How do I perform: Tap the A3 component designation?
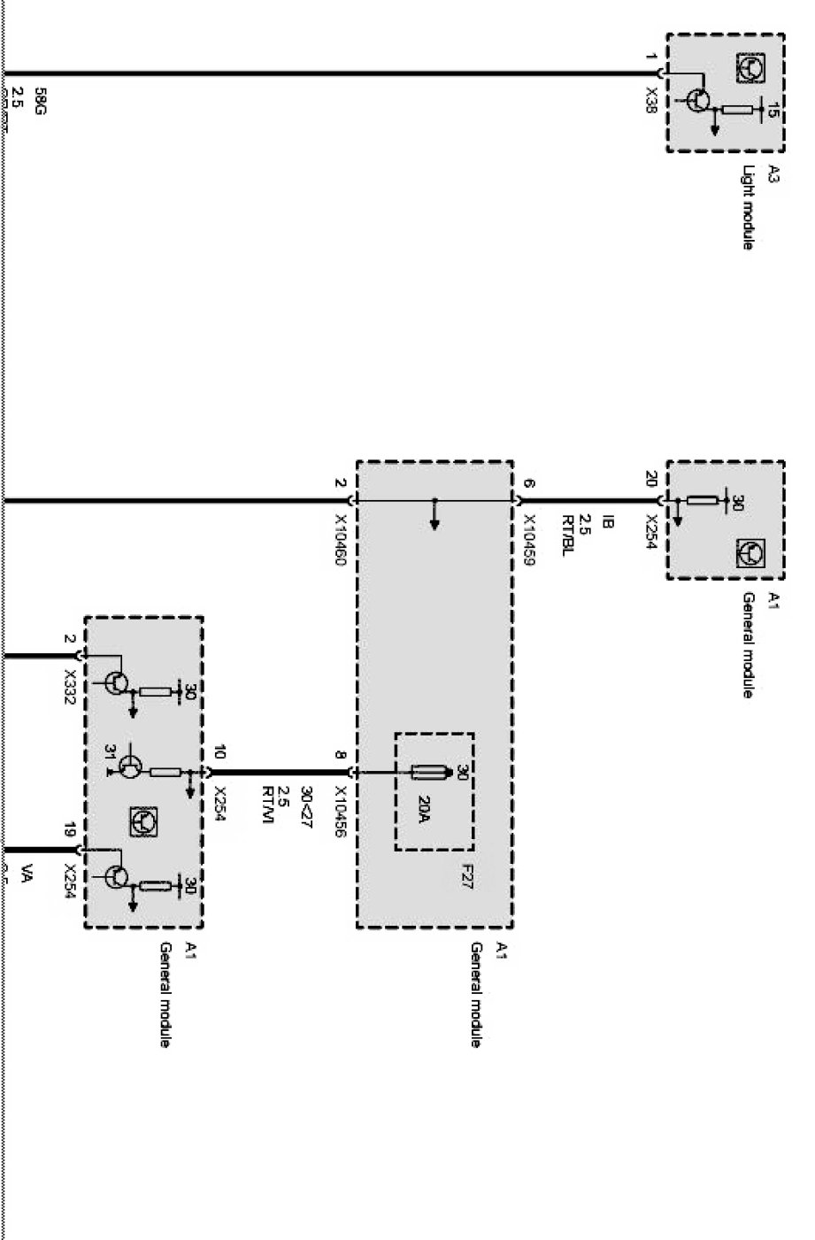[773, 173]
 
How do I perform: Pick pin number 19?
[69, 830]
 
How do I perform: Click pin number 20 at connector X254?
[651, 479]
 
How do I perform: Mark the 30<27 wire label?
[306, 802]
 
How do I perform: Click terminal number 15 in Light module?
[773, 111]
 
